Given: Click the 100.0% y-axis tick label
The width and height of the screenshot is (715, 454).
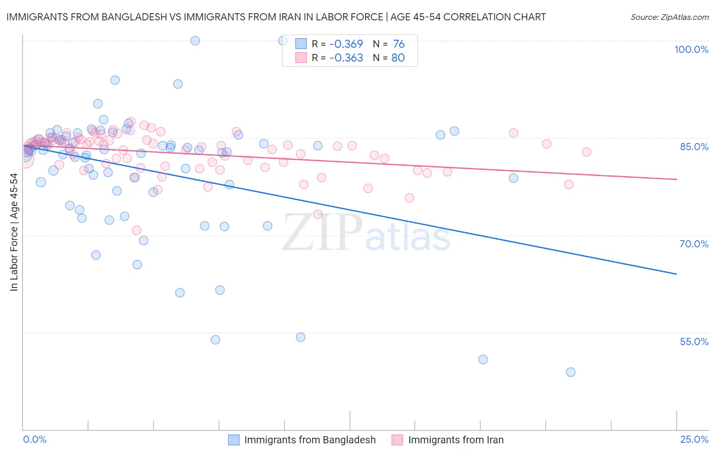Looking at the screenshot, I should pos(691,49).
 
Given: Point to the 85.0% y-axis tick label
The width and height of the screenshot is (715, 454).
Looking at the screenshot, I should pos(694,147).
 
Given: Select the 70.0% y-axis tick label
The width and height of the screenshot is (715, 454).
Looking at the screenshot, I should pos(694,244).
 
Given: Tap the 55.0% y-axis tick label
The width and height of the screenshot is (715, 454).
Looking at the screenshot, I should pos(694,342).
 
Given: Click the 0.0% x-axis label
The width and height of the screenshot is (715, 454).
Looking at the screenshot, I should pos(35,439).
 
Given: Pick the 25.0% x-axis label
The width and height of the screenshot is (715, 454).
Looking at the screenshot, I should pos(694,439).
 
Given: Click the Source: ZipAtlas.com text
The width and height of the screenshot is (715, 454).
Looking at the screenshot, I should pos(669,17).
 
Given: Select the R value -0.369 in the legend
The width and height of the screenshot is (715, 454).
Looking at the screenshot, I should pos(346,44).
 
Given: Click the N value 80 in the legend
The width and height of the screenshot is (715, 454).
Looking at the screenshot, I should pos(398,58).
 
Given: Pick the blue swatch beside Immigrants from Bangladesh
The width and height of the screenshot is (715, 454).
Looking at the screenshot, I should pos(233,440).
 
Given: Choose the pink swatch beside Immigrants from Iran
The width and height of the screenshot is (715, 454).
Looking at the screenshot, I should pos(397,440).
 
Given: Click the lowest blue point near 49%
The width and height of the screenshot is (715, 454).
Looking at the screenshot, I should pos(571,372).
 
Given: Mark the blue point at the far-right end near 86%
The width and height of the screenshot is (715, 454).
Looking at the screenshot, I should pos(454,131).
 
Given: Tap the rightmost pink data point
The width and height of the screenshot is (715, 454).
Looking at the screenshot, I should pos(586,152).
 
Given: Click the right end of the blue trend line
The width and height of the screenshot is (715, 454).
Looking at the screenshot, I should pos(676,274).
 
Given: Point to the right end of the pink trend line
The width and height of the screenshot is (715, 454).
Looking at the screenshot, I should pos(676,179).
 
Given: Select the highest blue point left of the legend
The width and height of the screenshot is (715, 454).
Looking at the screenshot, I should pos(195,41).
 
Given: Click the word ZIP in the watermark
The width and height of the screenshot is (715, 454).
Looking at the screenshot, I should pos(323,233).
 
